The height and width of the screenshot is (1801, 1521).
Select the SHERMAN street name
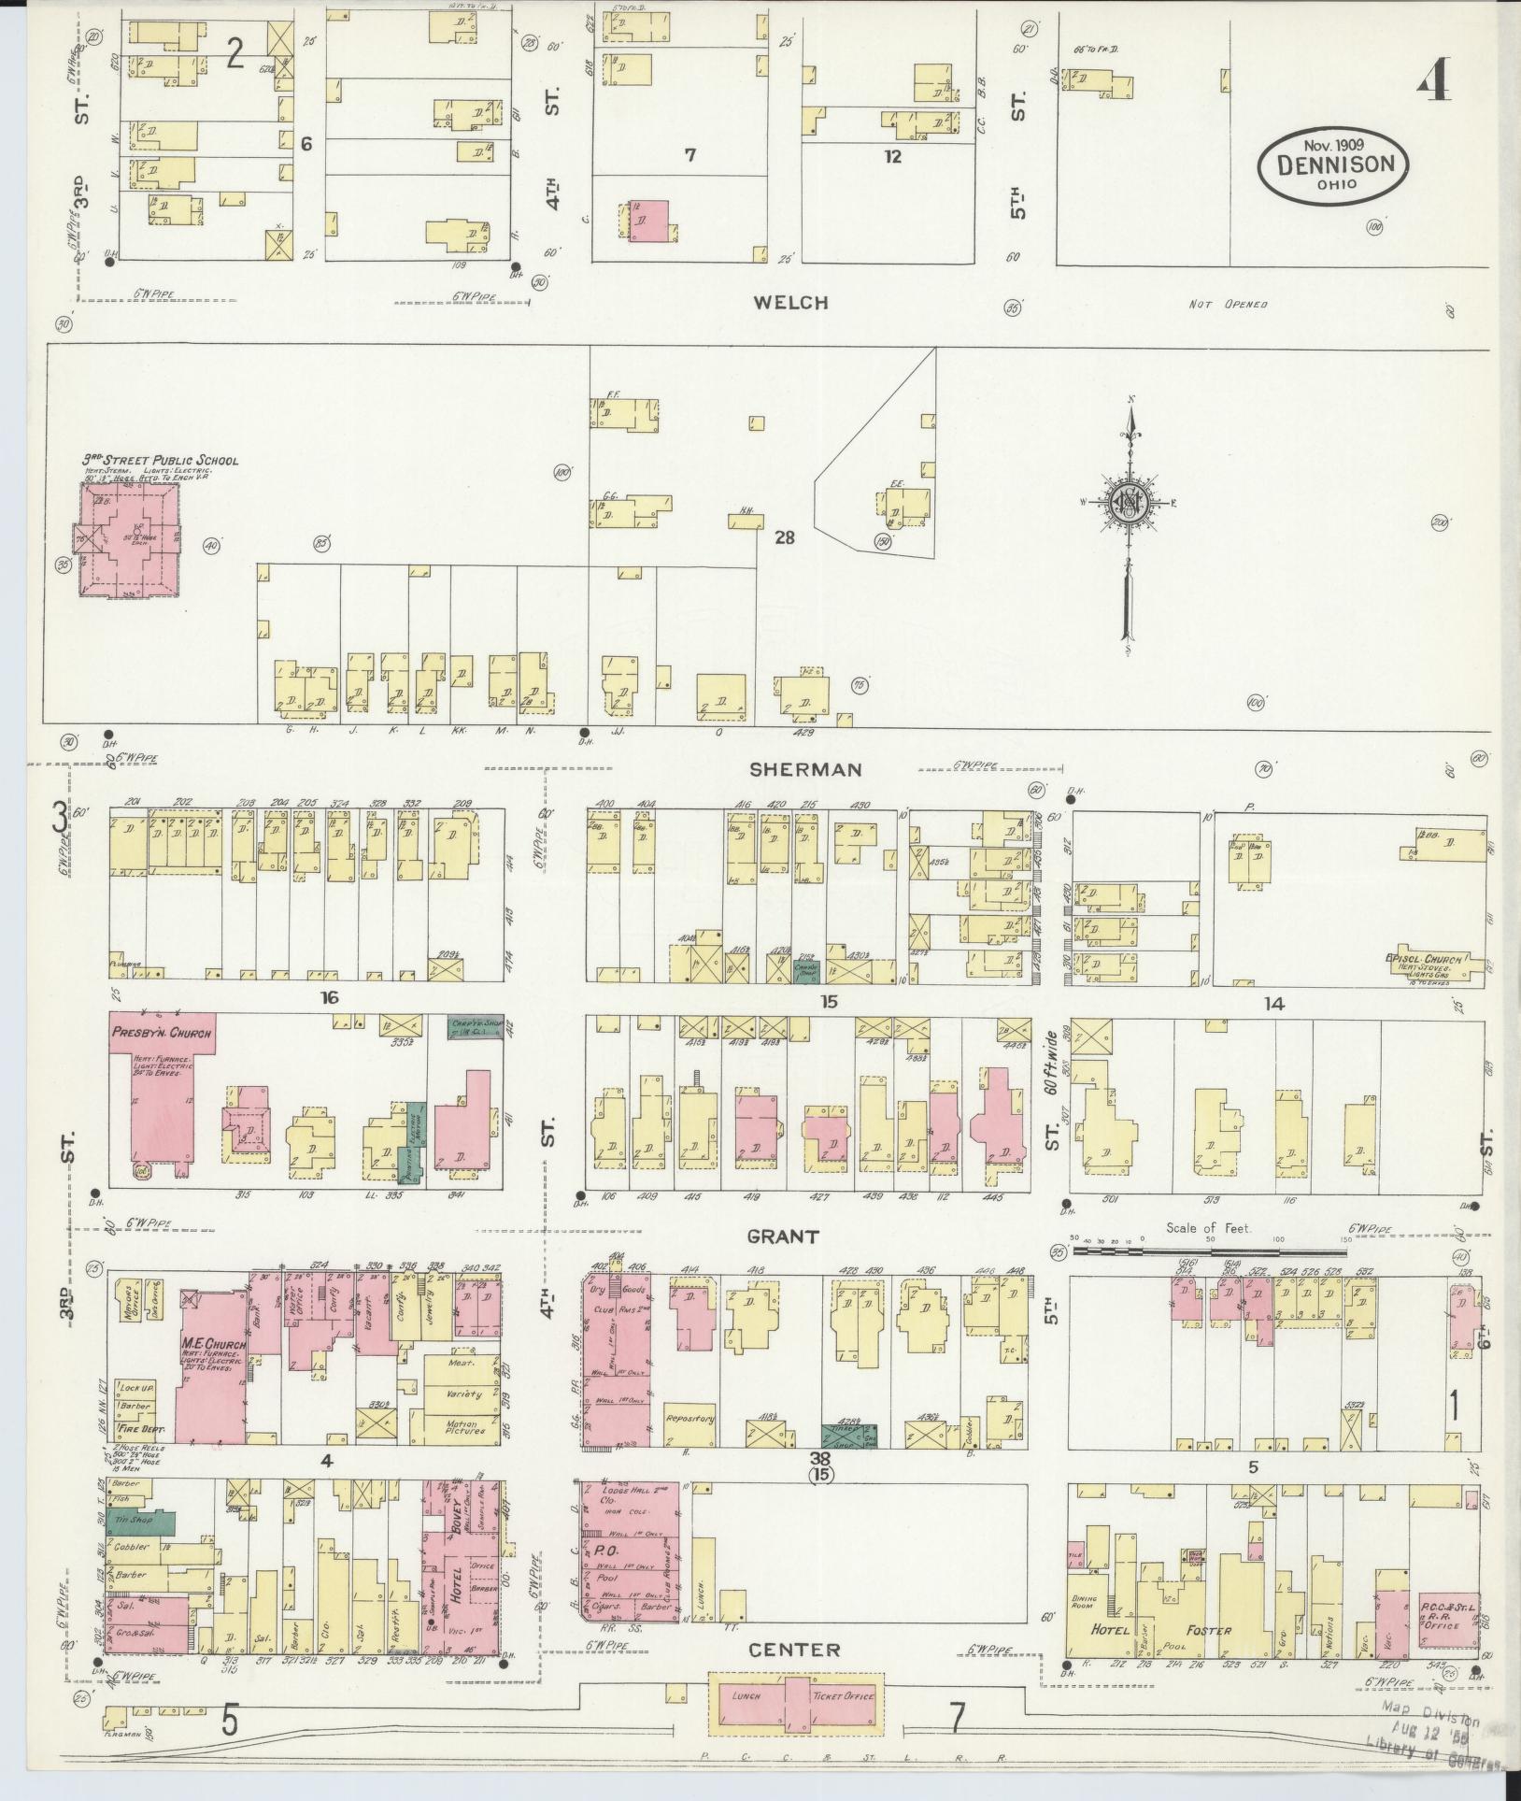pos(804,769)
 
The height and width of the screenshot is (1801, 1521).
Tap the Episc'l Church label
pos(1422,959)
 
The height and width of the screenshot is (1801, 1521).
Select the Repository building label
pos(690,1418)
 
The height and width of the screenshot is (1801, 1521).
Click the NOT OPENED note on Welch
pos(1227,305)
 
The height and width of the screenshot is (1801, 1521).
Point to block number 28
pos(783,537)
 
